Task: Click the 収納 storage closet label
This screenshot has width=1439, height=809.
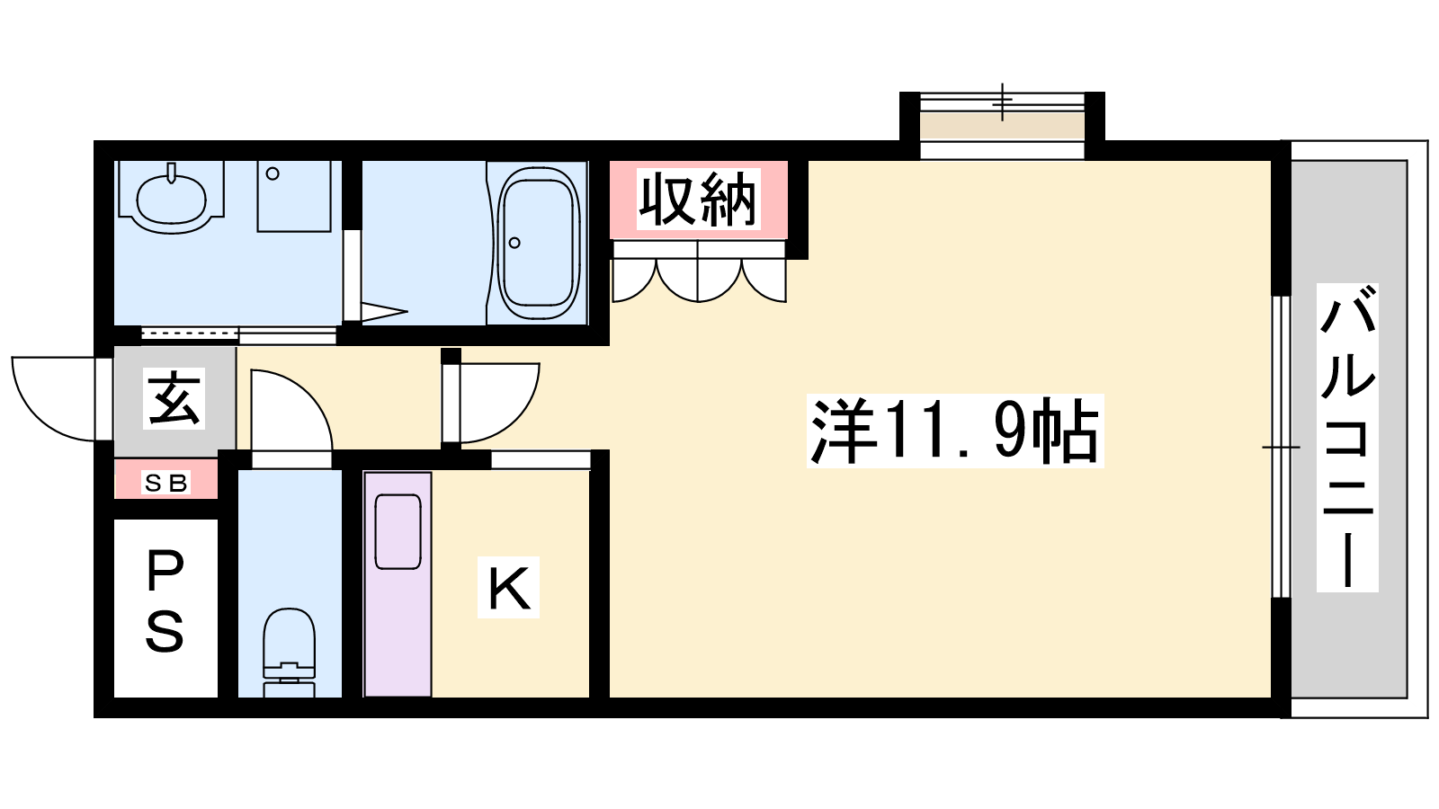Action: point(698,199)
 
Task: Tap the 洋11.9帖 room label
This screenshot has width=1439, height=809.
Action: point(955,431)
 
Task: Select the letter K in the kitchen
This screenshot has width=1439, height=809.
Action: point(508,588)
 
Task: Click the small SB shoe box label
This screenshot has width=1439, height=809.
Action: point(166,482)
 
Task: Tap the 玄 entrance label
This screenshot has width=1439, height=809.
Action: point(174,398)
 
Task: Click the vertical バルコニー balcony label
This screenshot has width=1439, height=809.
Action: point(1347,437)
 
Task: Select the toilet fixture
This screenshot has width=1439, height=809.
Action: point(289,652)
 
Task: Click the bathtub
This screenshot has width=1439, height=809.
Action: point(539,243)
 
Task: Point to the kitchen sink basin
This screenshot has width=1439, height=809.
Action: point(398,531)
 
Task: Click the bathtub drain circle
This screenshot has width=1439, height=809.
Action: point(514,243)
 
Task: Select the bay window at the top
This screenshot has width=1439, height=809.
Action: point(1002,125)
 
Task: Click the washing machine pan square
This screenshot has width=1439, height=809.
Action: point(294,196)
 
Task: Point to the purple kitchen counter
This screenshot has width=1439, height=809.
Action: point(398,584)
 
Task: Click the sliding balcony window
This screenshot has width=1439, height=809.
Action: point(1281,447)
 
